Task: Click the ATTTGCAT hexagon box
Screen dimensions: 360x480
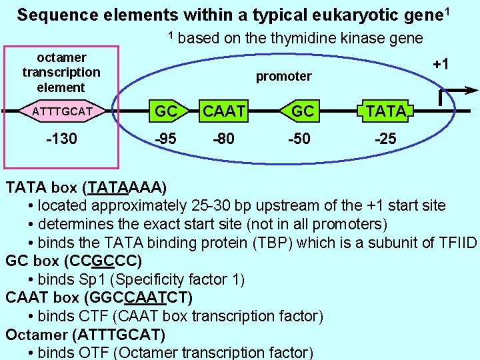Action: pos(61,111)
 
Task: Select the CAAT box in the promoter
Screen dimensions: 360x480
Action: pos(224,111)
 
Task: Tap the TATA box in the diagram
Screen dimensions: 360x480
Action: pos(385,111)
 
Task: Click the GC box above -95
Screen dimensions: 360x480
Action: pos(166,111)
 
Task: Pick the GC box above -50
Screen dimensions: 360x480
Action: pos(303,111)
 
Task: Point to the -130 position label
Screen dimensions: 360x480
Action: pos(61,139)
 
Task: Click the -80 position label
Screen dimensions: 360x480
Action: pos(223,139)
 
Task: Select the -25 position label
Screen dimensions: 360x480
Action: pos(385,139)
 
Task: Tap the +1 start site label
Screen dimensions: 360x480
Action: pos(440,65)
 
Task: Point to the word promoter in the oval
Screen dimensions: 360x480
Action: pos(284,77)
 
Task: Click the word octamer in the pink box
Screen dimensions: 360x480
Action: pos(61,58)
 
